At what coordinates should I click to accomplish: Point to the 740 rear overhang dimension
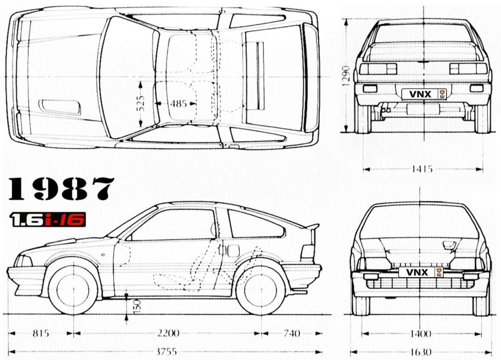pos(292,333)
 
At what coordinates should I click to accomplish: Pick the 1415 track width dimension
pos(422,169)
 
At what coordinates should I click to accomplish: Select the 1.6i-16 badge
pos(48,219)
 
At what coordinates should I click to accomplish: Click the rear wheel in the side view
pos(260,290)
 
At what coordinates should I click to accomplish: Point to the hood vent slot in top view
pos(60,106)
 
